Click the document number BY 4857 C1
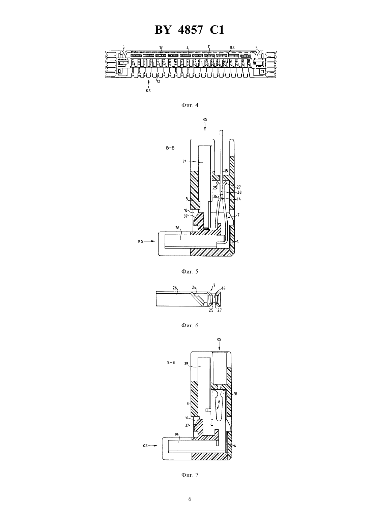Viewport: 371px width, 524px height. click(189, 30)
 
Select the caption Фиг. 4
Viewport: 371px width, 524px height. click(190, 105)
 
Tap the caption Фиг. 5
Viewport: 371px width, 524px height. click(190, 271)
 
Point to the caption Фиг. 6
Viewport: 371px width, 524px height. click(190, 325)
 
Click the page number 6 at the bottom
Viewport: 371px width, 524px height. click(190, 506)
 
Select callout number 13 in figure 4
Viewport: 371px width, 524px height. click(161, 47)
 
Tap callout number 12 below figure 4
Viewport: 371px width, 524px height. click(158, 81)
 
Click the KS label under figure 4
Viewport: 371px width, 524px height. click(148, 91)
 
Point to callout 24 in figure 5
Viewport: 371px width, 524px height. click(184, 161)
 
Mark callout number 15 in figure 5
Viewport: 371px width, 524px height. click(226, 171)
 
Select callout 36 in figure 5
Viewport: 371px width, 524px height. click(215, 197)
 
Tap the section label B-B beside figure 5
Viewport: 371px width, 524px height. click(170, 148)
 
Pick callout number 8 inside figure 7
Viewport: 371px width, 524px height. click(219, 402)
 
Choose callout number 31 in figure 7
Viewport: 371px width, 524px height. click(236, 394)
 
